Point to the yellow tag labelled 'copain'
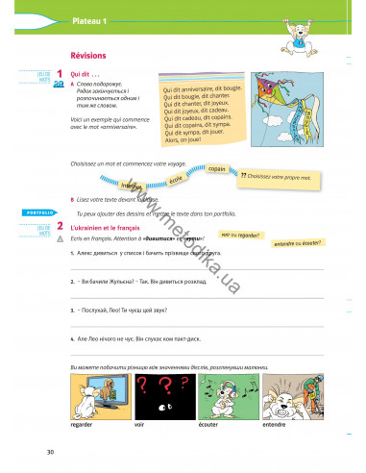217,169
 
